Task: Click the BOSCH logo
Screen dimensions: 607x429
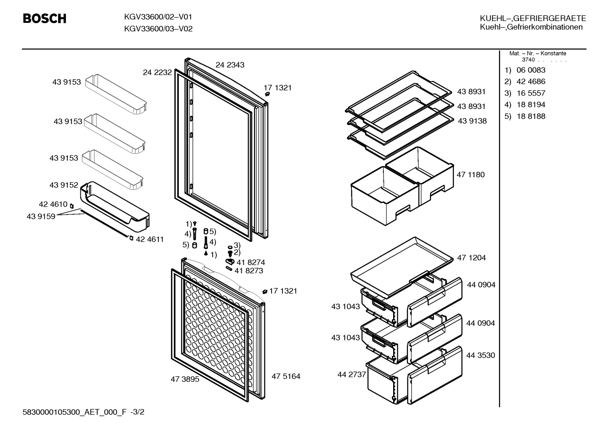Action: click(45, 19)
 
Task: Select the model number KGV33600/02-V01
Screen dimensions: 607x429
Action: click(158, 17)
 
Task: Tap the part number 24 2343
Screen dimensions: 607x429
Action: click(230, 65)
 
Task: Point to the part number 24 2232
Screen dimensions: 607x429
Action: click(157, 72)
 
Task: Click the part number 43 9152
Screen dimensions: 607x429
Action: click(64, 185)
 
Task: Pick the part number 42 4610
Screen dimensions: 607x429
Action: click(53, 204)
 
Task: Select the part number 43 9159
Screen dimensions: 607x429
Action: click(41, 216)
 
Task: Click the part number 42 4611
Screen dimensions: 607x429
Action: click(150, 239)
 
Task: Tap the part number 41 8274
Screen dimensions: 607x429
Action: click(250, 262)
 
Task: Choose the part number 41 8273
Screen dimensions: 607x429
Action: click(249, 271)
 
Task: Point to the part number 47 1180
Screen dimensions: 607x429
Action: click(471, 175)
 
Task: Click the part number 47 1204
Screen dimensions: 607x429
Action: click(471, 258)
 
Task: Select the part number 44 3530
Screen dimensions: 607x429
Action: click(480, 355)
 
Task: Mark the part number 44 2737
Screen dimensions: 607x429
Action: click(352, 374)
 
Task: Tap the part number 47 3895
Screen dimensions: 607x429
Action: click(185, 379)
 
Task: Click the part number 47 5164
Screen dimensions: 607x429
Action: click(286, 376)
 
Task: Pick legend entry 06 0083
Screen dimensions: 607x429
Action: click(531, 70)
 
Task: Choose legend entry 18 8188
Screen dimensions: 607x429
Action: click(531, 116)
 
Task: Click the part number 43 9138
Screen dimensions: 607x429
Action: click(472, 121)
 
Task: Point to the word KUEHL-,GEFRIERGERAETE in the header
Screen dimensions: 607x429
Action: click(533, 18)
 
